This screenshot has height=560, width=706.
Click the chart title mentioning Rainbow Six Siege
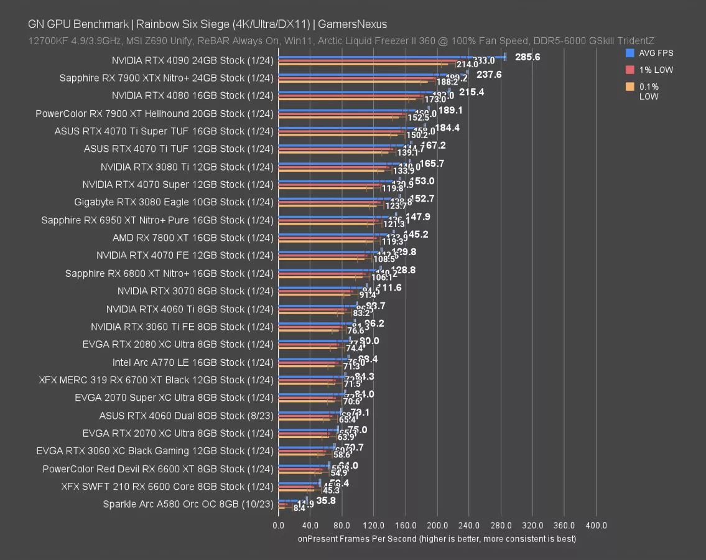click(x=207, y=24)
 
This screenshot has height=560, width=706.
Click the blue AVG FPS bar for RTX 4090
click(x=392, y=56)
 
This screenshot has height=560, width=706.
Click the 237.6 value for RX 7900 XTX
click(x=490, y=74)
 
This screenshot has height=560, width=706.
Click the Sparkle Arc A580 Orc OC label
click(x=188, y=504)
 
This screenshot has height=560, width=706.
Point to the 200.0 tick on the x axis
click(x=437, y=526)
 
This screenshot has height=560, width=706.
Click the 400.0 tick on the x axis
click(x=596, y=526)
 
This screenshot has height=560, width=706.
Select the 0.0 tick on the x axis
click(x=279, y=526)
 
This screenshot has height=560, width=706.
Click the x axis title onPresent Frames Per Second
click(x=437, y=538)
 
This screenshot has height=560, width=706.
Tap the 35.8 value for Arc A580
click(x=326, y=500)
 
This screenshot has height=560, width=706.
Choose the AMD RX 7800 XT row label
click(x=193, y=238)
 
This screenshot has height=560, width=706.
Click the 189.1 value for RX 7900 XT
click(x=450, y=110)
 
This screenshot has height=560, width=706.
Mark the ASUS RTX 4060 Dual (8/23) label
click(x=186, y=415)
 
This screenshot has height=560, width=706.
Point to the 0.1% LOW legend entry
click(x=649, y=91)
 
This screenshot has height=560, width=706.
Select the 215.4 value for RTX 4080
click(x=471, y=92)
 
